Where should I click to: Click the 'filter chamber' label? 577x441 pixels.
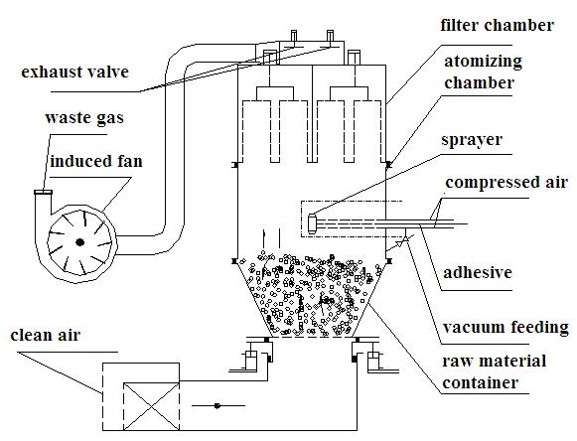(x=497, y=26)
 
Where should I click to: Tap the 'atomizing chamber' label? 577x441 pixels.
(x=483, y=72)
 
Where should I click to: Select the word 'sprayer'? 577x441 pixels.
(x=472, y=140)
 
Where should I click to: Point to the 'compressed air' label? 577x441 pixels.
(x=506, y=183)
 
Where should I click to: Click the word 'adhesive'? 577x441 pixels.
(x=478, y=272)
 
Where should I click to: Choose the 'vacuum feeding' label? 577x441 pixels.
(x=505, y=327)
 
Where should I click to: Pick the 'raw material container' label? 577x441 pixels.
(x=494, y=371)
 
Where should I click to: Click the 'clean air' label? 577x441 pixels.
(x=46, y=335)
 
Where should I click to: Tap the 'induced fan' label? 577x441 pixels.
(x=96, y=161)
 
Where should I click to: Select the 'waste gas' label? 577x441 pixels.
(x=84, y=118)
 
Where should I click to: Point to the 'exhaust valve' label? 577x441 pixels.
(x=75, y=72)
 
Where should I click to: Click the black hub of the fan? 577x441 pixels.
(x=79, y=242)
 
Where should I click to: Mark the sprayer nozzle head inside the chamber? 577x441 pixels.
(x=312, y=223)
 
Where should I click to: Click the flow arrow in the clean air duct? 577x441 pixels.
(x=217, y=406)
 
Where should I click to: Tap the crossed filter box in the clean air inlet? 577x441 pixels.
(x=151, y=406)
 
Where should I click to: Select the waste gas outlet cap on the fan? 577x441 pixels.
(x=43, y=192)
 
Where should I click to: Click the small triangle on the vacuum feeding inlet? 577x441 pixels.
(x=400, y=242)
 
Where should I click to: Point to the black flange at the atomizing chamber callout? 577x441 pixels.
(x=388, y=165)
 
